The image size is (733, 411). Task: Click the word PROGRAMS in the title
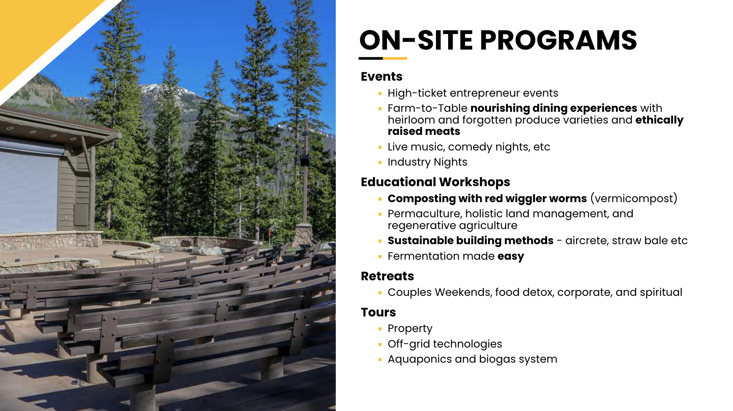click(x=558, y=40)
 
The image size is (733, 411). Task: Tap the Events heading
click(x=382, y=76)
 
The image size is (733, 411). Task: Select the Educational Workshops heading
click(x=436, y=182)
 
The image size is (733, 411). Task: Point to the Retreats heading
click(x=388, y=276)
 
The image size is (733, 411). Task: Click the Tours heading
click(x=378, y=312)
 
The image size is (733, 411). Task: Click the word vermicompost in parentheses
click(x=634, y=198)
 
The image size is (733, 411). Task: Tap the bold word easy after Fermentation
click(x=511, y=256)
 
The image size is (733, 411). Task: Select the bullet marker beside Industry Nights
click(x=380, y=162)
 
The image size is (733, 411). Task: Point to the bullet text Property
click(x=410, y=329)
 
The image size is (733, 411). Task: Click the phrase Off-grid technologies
click(x=445, y=344)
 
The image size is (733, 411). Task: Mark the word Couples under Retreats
click(x=409, y=292)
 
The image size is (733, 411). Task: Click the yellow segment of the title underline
click(x=395, y=58)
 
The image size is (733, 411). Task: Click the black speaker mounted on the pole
click(x=305, y=160)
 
